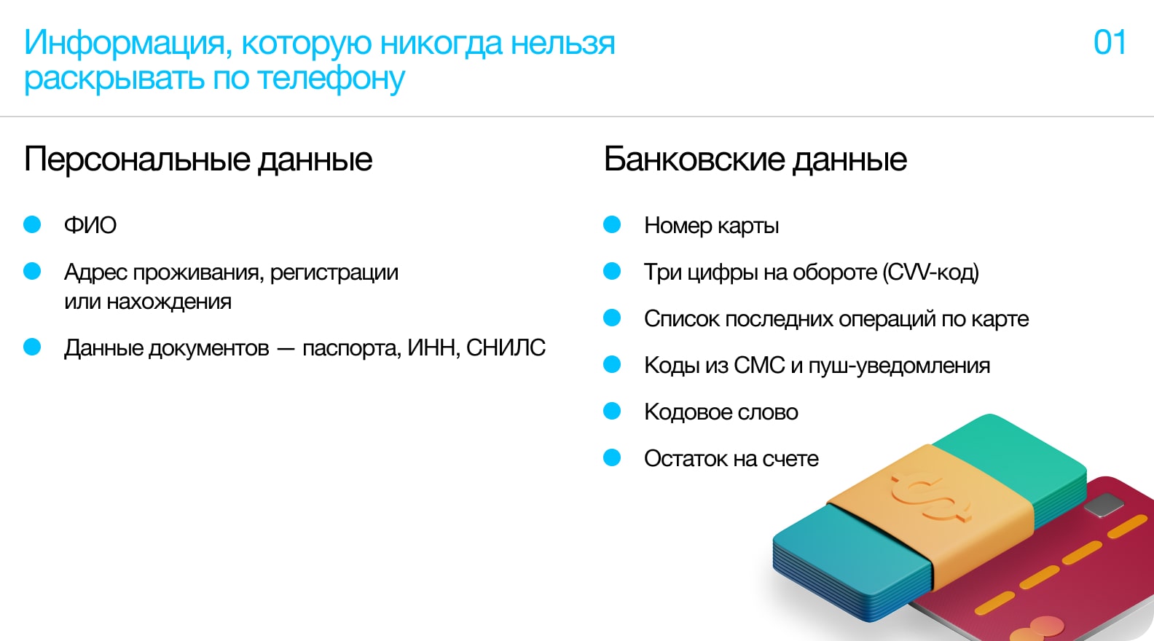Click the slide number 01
tap(1110, 42)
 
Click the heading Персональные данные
tap(198, 160)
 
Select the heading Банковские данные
tap(755, 160)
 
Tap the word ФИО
tap(90, 225)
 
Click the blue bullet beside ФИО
tap(32, 224)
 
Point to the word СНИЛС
tap(506, 347)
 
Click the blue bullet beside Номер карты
tap(612, 224)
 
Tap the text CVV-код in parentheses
tap(930, 272)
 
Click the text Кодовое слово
tap(721, 412)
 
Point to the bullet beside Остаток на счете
tap(612, 457)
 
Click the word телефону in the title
tap(331, 79)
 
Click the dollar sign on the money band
tap(930, 498)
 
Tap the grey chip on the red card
tap(1104, 505)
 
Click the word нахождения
tap(169, 302)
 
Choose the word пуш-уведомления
tap(899, 366)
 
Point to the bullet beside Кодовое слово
tap(612, 412)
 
